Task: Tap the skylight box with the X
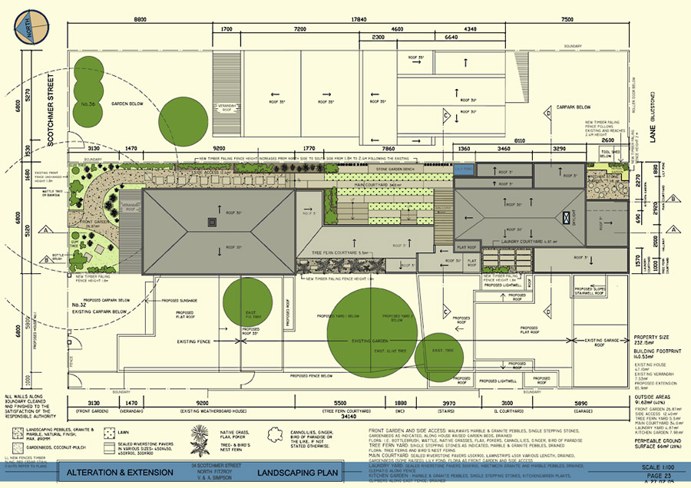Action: coord(569,218)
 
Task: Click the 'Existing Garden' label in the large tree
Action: coord(372,339)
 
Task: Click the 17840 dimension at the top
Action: coord(357,19)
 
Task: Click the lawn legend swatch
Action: coord(111,433)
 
